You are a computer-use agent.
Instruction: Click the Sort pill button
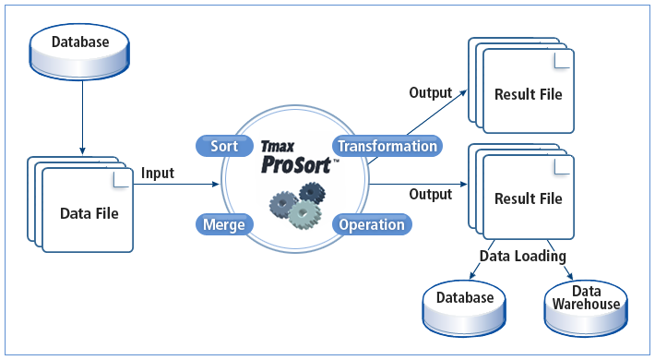coord(224,146)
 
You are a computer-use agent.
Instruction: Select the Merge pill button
coord(224,224)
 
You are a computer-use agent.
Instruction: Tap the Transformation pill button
coord(387,146)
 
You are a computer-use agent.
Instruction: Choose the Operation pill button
coord(372,224)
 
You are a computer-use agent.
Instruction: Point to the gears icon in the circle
coord(296,204)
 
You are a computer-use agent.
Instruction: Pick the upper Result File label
coord(528,94)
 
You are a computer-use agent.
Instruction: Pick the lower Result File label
coord(528,198)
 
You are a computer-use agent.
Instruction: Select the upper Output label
coord(431,92)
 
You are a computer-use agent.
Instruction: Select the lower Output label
coord(431,194)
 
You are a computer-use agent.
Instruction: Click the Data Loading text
coord(522,256)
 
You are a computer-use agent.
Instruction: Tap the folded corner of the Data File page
coord(118,179)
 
